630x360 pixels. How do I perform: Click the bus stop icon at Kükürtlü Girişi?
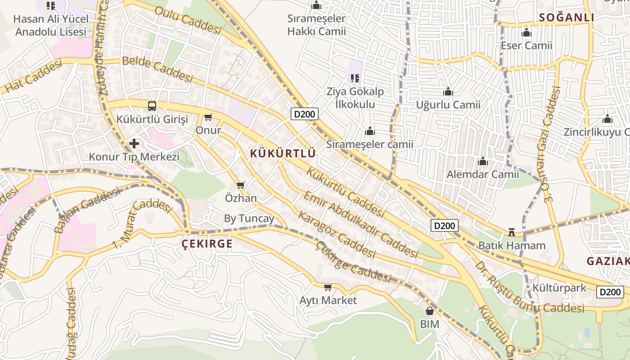(x=152, y=106)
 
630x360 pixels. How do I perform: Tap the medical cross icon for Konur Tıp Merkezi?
(x=134, y=144)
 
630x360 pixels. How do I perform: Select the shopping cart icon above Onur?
(x=208, y=117)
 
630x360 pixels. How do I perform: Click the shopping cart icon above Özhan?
(x=241, y=185)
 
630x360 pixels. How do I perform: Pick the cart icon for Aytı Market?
(x=328, y=287)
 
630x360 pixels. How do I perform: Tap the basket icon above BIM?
(x=429, y=311)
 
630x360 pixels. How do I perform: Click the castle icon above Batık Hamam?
(x=512, y=232)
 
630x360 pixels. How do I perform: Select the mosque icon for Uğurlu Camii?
(x=448, y=92)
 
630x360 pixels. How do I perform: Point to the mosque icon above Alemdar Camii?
(x=483, y=161)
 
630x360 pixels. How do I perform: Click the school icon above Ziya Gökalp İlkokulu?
(x=355, y=78)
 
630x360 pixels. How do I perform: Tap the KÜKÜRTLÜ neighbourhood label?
(x=283, y=153)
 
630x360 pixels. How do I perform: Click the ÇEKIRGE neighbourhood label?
(x=207, y=244)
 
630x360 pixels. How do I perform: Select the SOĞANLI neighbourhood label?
(x=567, y=18)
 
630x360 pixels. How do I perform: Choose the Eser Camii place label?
(x=526, y=45)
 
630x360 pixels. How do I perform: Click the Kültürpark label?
(x=559, y=288)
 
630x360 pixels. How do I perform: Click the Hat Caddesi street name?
(x=34, y=77)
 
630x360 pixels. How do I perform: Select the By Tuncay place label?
(x=249, y=219)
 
